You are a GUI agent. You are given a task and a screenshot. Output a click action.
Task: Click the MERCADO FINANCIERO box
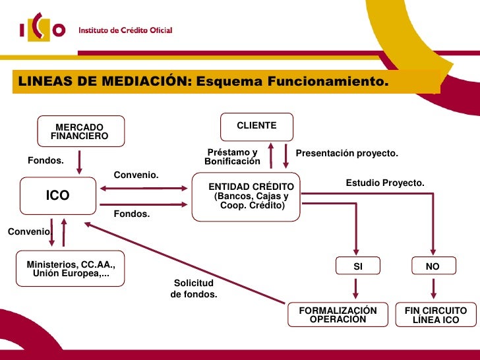coord(79,131)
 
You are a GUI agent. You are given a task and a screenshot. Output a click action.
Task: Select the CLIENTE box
coord(256,125)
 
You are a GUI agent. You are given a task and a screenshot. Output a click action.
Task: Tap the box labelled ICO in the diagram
coord(57,196)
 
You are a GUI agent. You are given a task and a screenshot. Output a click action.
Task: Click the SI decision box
coord(358,266)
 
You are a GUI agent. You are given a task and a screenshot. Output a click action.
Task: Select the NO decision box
coord(432,266)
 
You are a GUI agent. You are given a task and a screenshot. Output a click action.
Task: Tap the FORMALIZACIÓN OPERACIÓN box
coord(338,315)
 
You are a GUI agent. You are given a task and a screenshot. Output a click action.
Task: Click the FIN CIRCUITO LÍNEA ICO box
coord(435,315)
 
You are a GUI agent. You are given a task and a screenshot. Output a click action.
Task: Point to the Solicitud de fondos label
coord(194,289)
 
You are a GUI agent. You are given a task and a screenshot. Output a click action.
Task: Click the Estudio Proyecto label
coord(385,183)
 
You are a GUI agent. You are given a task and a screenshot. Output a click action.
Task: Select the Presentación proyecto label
coord(347,154)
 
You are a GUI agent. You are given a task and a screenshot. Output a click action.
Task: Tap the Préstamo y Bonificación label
coord(232,157)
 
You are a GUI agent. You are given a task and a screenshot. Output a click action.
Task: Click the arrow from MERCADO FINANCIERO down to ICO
coord(80,162)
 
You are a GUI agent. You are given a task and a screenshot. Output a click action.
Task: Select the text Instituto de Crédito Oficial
coord(126,30)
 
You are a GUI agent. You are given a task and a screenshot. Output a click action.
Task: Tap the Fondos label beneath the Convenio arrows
coord(132,214)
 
